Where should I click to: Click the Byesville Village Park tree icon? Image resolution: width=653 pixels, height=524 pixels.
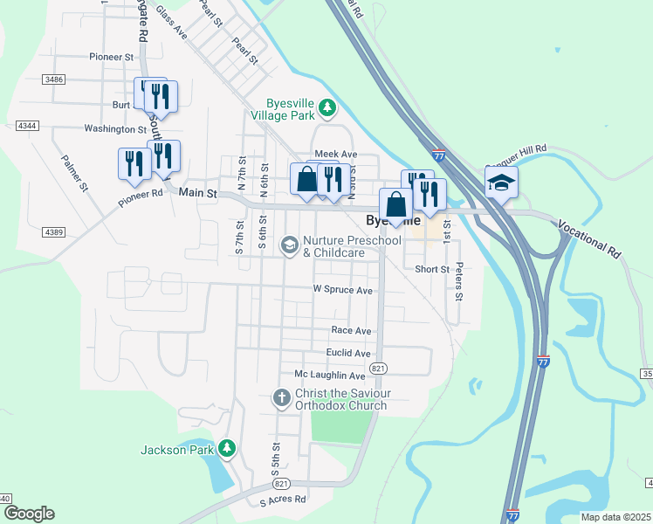click(327, 107)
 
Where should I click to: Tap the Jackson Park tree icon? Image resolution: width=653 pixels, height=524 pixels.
click(227, 449)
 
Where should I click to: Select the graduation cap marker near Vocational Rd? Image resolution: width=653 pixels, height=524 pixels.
click(501, 183)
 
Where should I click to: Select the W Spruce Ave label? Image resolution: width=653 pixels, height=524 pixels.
click(343, 290)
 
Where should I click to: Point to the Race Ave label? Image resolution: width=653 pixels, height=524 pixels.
click(351, 331)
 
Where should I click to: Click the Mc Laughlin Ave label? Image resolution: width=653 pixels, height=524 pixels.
click(329, 375)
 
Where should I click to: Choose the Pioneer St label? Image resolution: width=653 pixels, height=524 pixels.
click(111, 57)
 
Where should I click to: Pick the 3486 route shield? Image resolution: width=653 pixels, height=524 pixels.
click(52, 79)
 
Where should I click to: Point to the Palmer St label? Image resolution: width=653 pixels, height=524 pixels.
click(75, 173)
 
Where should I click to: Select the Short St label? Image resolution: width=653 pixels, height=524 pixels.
click(432, 269)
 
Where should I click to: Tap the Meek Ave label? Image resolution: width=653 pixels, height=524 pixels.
click(336, 154)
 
